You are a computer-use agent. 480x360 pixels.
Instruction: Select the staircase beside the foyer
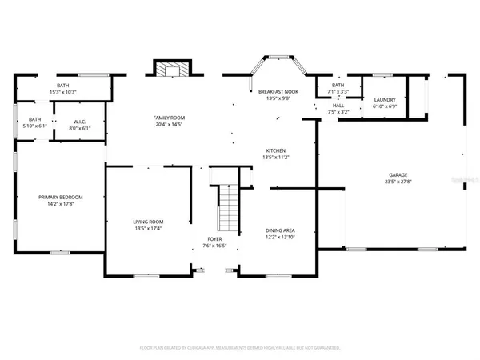229,206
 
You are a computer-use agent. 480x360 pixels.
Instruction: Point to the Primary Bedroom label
62,197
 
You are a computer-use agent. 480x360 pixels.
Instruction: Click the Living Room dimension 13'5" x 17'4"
147,228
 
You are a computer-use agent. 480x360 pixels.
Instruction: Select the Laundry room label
385,100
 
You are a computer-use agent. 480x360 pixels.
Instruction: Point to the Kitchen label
276,150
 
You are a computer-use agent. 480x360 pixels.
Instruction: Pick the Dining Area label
280,230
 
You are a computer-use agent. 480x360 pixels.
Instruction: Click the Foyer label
215,238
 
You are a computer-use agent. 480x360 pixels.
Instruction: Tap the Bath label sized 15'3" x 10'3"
62,86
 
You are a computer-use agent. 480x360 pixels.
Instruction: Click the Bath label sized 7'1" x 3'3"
338,85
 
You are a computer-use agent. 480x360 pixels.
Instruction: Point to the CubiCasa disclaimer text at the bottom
240,348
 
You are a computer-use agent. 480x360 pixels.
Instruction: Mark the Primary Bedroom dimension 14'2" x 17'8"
62,204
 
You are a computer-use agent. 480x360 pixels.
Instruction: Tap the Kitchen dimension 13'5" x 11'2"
276,158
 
